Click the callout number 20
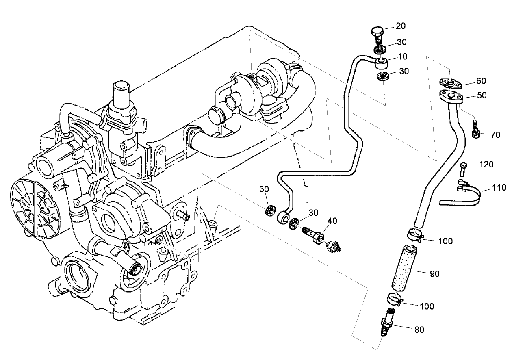[401, 26]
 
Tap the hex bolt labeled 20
[377, 33]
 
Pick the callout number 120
[486, 165]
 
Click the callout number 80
[419, 330]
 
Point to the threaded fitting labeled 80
[386, 322]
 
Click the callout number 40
[332, 221]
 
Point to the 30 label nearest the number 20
[402, 42]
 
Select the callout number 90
[434, 274]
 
